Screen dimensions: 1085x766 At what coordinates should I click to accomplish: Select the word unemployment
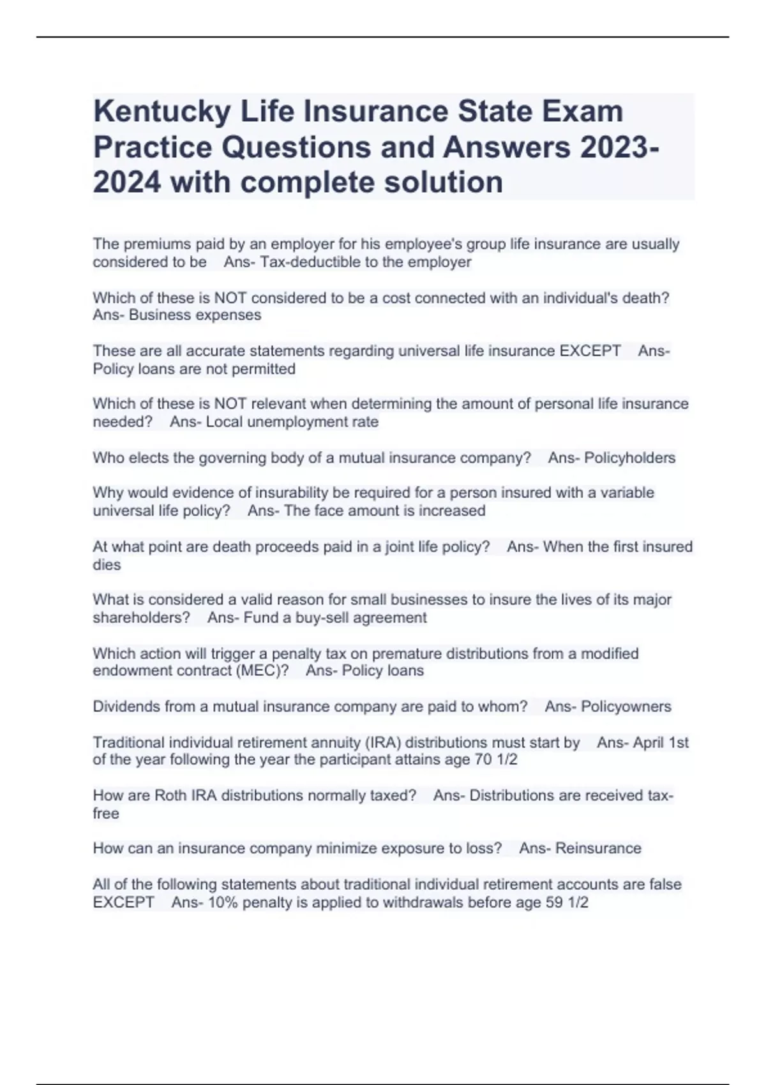coord(294,422)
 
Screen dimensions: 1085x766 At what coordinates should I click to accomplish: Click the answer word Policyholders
coord(629,458)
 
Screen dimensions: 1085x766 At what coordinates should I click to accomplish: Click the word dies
coord(107,565)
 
